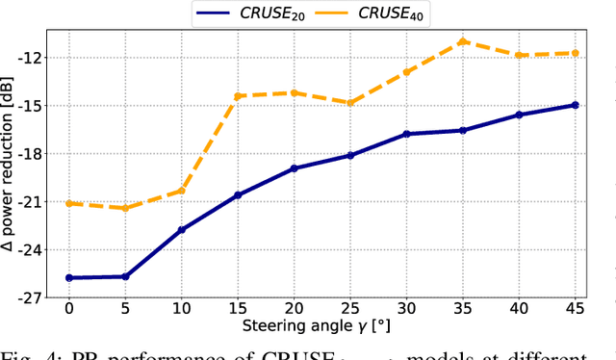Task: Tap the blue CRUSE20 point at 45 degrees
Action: tap(576, 105)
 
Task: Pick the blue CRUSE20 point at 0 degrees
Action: tap(68, 277)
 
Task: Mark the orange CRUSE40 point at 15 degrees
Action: tap(238, 96)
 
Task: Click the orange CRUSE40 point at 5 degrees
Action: tap(125, 208)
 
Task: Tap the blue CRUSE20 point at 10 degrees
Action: tap(181, 230)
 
